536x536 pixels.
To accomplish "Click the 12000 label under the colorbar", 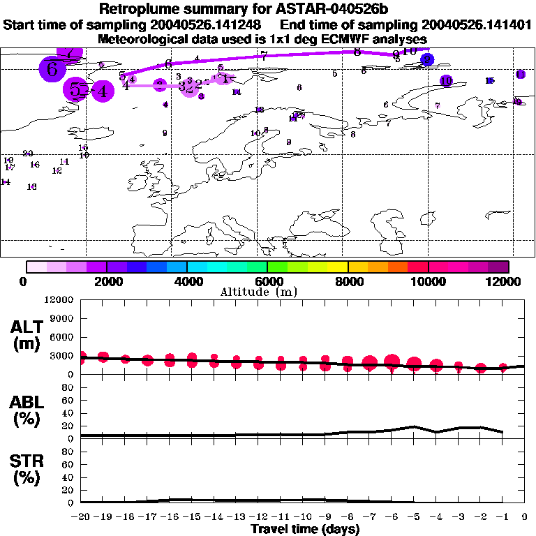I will pos(507,281).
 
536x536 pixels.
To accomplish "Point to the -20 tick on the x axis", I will pos(82,517).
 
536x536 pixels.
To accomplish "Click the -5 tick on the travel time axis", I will pos(414,517).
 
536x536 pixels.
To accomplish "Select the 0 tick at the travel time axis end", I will pos(525,517).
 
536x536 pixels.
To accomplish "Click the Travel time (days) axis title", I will pos(306,530).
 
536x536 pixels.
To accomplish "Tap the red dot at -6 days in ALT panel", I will pos(392,362).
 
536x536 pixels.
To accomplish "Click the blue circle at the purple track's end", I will pos(428,60).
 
